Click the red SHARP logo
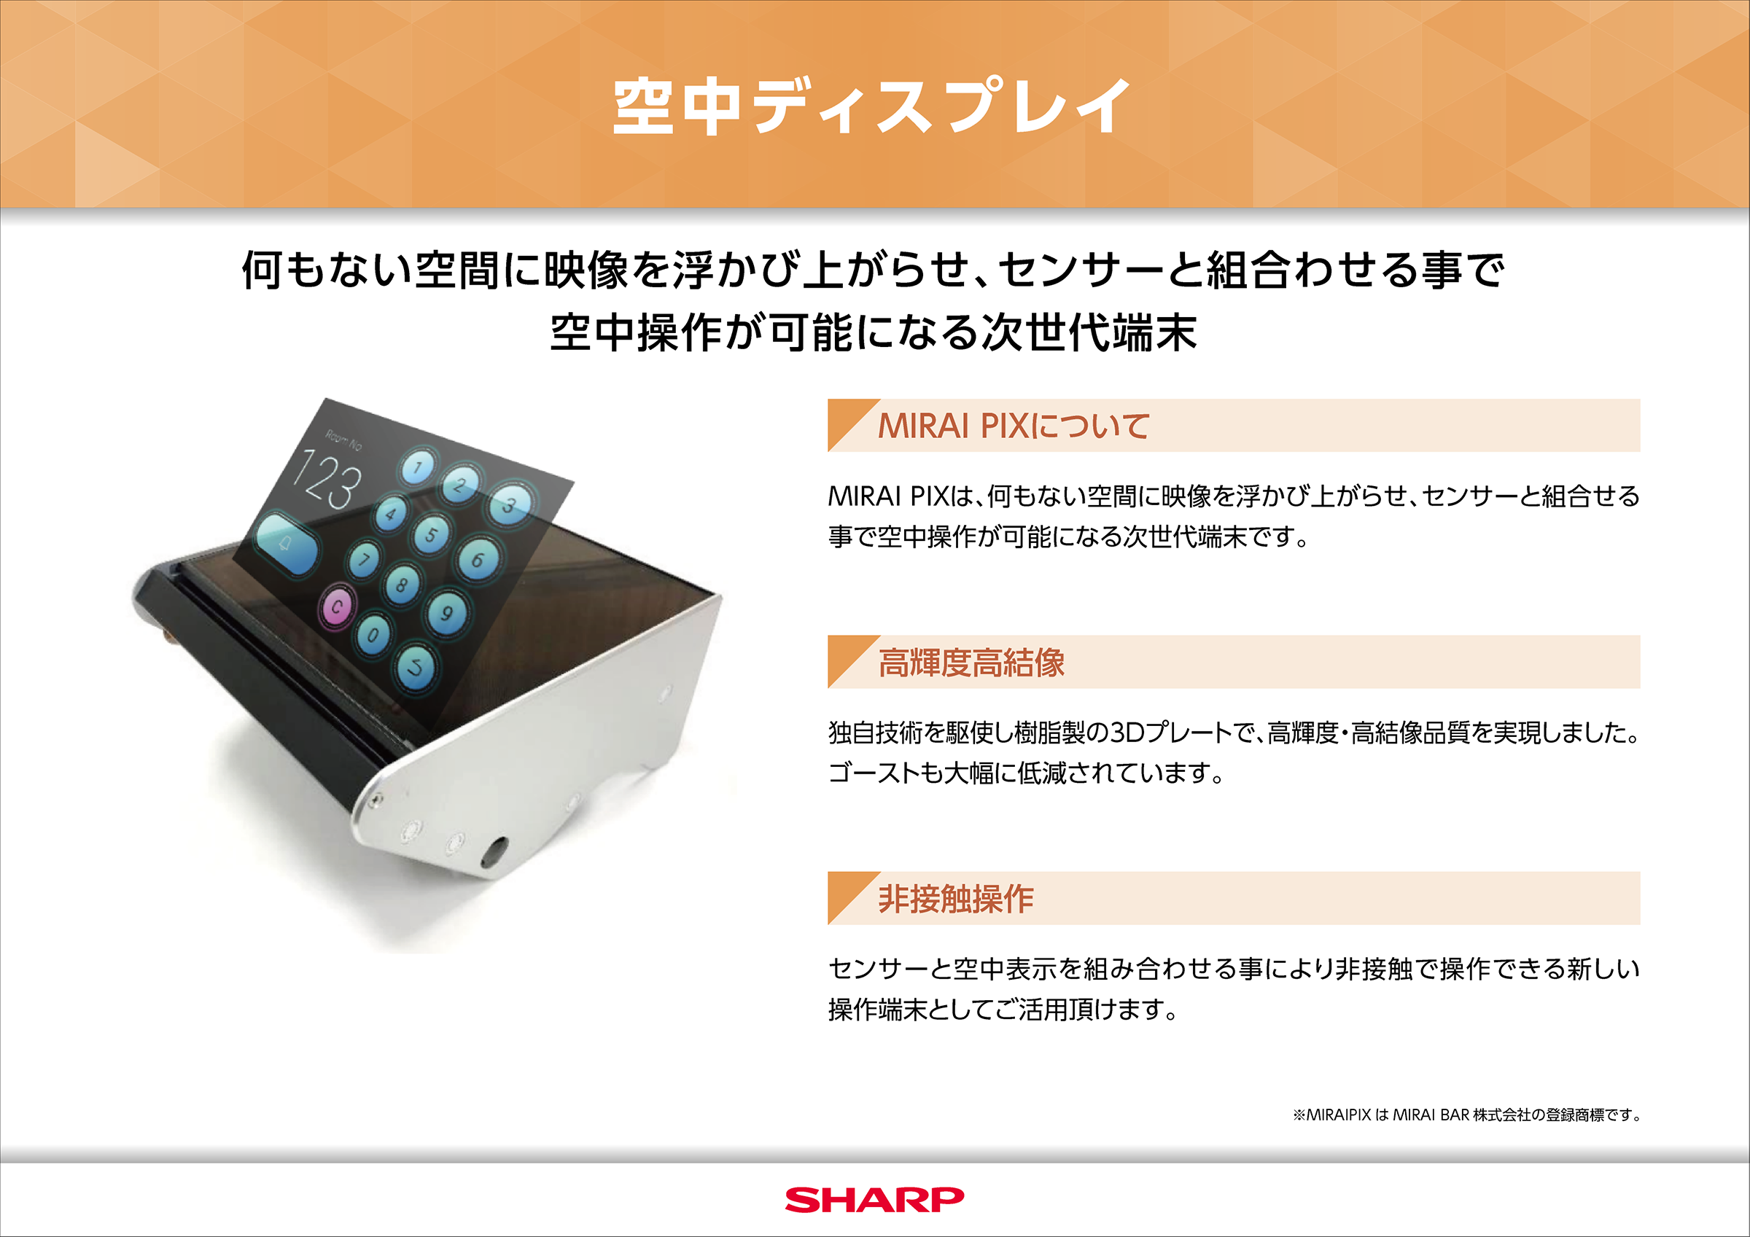click(x=874, y=1200)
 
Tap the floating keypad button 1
click(x=418, y=467)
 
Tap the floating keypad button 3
click(x=509, y=504)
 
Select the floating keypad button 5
click(x=432, y=535)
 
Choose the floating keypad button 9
click(x=447, y=613)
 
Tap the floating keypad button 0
click(x=373, y=634)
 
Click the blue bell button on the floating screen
click(x=287, y=544)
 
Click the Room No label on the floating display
click(x=343, y=440)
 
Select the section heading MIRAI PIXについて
click(x=1013, y=426)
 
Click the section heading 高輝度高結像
click(x=971, y=663)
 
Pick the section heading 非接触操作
click(x=956, y=899)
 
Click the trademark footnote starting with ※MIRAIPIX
click(x=1466, y=1115)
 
